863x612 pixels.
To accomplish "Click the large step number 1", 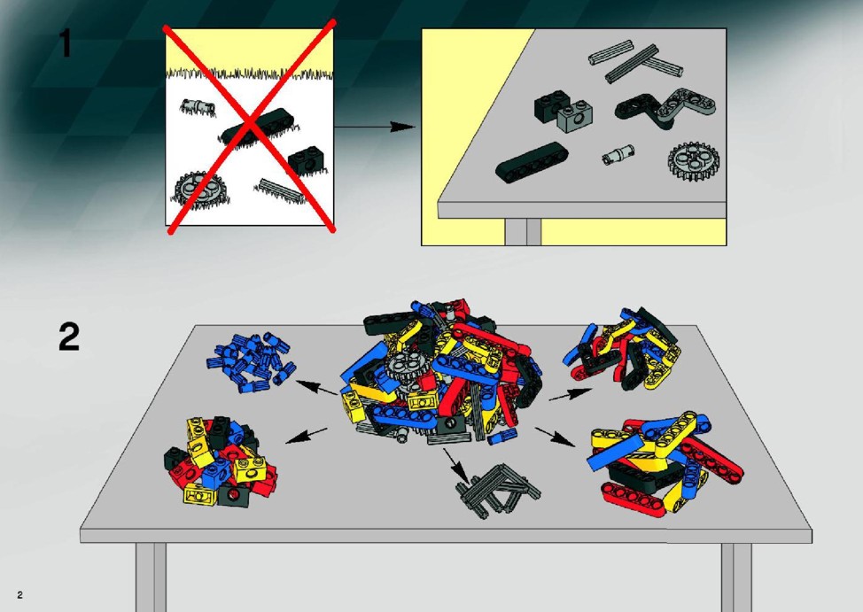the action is click(66, 43).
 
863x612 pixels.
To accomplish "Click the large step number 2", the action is click(69, 337).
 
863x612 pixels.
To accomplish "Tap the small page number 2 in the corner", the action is click(19, 594).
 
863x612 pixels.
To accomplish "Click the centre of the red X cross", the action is click(251, 126).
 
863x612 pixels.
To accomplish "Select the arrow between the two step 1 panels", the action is click(374, 128).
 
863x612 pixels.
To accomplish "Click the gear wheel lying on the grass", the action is click(194, 190).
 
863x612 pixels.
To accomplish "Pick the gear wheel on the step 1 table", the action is click(694, 161).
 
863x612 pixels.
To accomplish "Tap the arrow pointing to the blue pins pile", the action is click(317, 387).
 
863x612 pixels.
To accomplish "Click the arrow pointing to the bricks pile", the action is click(306, 436).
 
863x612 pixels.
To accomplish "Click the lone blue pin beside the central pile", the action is click(502, 437).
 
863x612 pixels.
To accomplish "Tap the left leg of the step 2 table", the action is click(151, 577).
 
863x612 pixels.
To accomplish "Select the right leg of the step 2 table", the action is click(736, 577).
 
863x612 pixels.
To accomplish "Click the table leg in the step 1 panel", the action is click(523, 232).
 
